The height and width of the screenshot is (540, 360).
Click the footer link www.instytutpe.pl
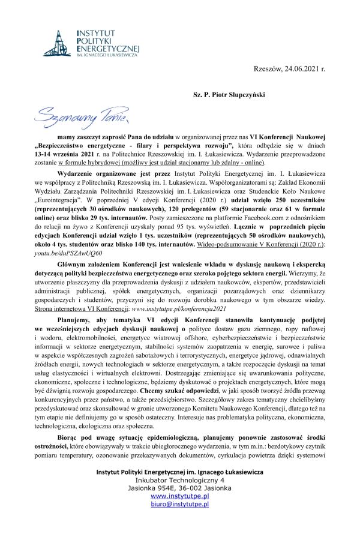(x=179, y=497)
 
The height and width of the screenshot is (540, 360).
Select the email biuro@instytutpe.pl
(x=179, y=505)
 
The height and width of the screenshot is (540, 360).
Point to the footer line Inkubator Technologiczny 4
(x=179, y=481)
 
